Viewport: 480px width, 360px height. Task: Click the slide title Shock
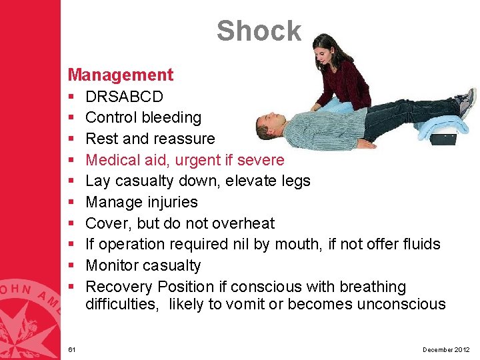point(259,31)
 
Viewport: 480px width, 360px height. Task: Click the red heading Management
point(120,75)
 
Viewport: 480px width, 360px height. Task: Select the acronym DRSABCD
point(124,96)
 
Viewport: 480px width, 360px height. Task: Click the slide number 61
point(71,349)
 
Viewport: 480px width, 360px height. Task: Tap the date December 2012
point(446,349)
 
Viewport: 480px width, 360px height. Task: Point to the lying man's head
point(268,126)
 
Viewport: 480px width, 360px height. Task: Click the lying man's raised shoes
point(467,102)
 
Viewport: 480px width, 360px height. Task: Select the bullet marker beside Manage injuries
point(71,202)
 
